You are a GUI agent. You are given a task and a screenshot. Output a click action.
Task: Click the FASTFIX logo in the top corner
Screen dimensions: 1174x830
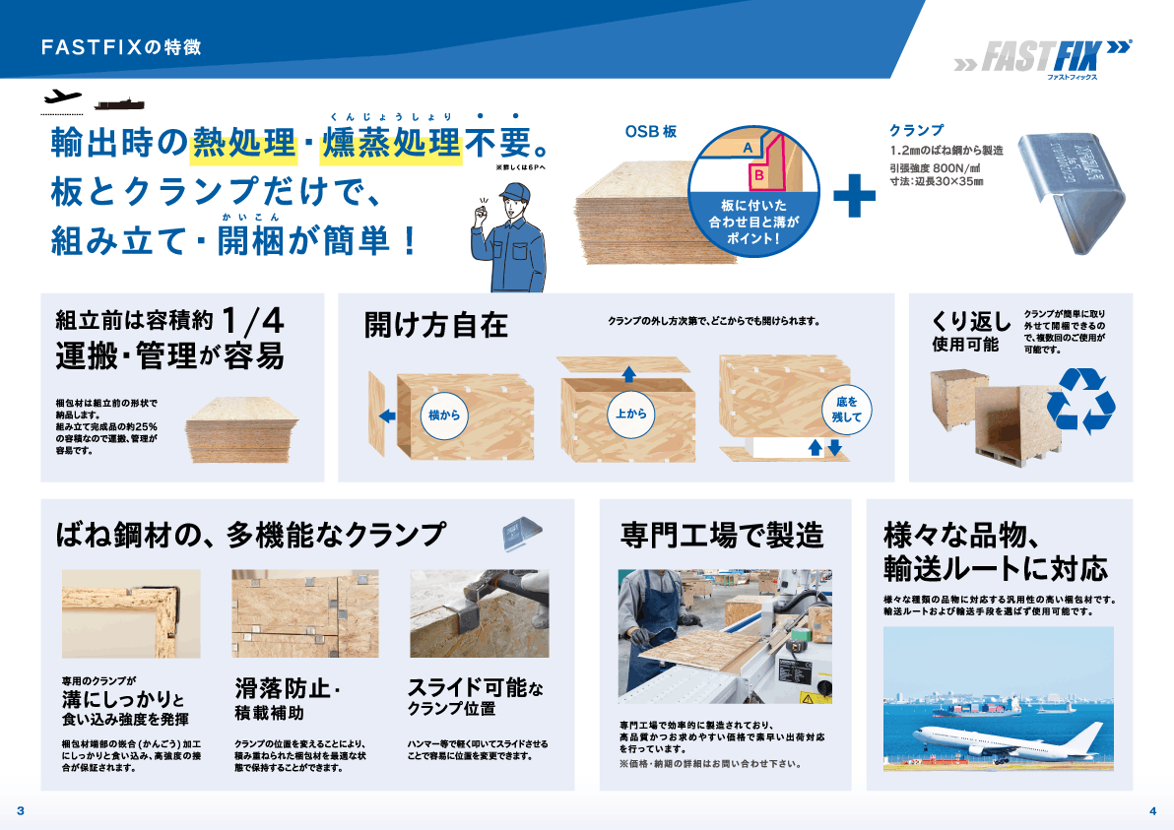click(1043, 58)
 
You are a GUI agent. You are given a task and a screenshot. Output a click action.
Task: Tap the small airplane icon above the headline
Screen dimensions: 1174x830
click(62, 96)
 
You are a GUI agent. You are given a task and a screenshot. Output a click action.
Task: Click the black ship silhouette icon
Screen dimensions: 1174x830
click(119, 104)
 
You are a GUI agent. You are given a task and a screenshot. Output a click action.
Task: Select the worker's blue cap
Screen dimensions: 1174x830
click(516, 191)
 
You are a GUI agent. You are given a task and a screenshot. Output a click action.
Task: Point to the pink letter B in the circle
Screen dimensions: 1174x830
click(759, 175)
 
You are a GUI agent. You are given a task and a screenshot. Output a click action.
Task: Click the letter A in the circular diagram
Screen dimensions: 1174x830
click(748, 148)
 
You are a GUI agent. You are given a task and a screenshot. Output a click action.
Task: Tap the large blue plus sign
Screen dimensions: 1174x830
click(854, 196)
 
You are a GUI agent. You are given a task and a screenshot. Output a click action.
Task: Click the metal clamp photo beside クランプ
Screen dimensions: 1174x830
click(1072, 192)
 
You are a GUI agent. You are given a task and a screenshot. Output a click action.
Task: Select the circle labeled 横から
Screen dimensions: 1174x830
click(445, 415)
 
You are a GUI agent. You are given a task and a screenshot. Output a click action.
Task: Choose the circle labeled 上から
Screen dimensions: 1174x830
click(631, 414)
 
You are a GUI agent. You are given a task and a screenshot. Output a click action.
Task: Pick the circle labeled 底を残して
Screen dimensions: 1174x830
click(847, 410)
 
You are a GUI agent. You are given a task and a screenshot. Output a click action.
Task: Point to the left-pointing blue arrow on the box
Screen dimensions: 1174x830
click(387, 415)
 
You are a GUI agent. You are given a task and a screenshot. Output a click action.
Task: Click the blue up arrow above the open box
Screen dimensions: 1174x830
click(629, 373)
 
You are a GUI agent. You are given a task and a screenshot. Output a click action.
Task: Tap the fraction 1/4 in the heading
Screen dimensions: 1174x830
click(253, 321)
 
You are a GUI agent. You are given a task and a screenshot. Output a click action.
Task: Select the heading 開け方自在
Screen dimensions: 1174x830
click(435, 326)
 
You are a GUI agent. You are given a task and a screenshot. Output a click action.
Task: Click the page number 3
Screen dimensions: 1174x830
click(21, 810)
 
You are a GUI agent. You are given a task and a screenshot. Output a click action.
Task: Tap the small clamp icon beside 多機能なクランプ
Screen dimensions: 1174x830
click(522, 534)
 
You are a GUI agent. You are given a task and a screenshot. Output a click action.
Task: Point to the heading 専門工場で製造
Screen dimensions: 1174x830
click(722, 536)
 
